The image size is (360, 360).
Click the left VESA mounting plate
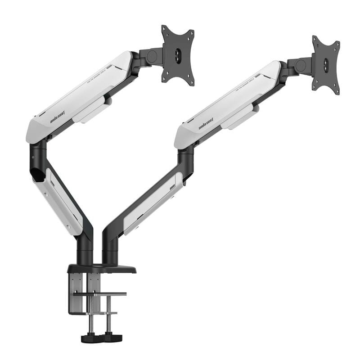178,55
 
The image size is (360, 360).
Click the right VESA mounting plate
326,65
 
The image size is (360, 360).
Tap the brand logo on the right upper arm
206,124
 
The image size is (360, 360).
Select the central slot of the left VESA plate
178,55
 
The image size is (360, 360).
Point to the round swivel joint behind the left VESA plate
152,56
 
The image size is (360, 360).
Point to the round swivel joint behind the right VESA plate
301,66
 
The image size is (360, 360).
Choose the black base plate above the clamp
102,269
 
